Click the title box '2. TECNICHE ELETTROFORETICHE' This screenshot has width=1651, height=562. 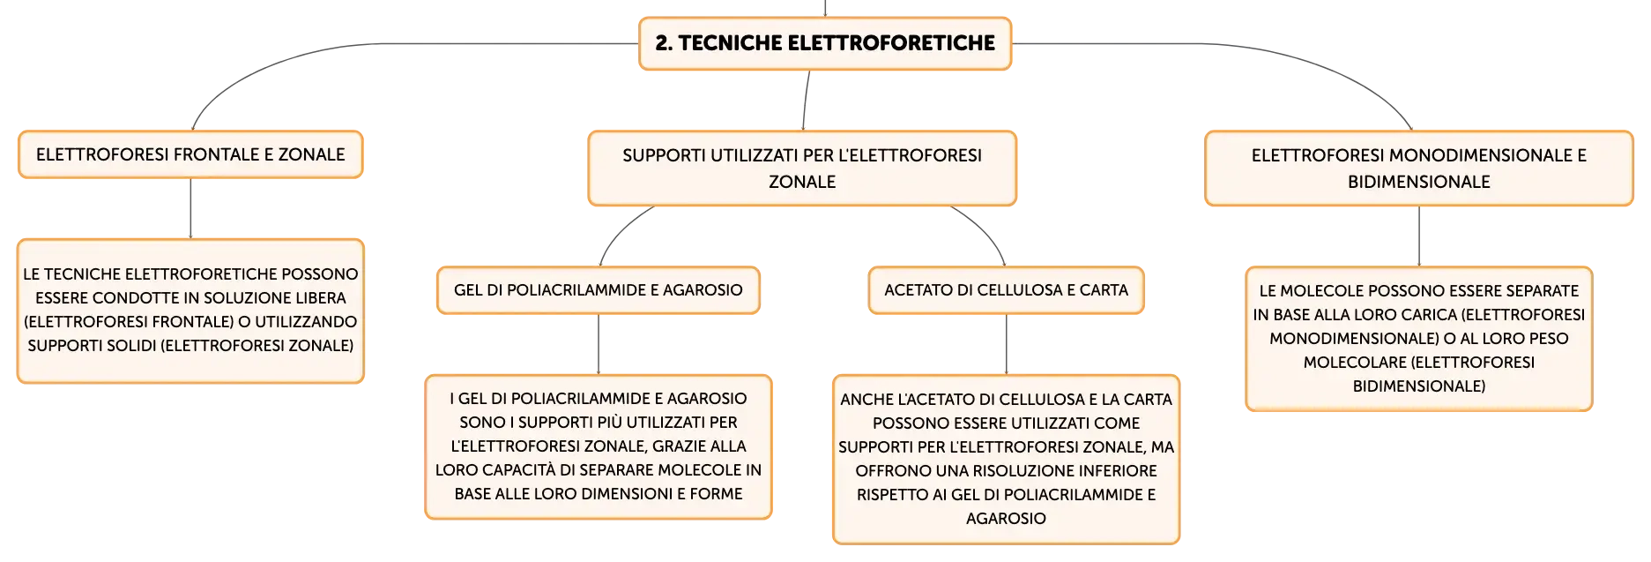pos(825,43)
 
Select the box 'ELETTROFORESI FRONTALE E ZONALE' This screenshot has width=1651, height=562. pos(190,154)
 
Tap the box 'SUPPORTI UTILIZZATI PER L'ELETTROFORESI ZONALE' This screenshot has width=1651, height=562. pos(802,169)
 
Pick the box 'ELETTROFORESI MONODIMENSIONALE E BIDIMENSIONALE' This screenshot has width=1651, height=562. pos(1419,169)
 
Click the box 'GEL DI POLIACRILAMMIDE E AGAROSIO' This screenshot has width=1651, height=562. pos(599,290)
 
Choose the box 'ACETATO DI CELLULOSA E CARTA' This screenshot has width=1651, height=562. pos(1006,290)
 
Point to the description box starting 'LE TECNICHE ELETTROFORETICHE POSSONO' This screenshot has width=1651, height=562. pos(190,311)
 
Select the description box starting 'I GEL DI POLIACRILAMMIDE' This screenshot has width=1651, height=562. pos(599,446)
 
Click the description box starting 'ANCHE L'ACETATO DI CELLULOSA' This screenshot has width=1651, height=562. pos(1006,459)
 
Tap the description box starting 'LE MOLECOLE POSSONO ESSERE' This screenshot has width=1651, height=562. pos(1419,339)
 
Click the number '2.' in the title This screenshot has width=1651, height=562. pos(664,43)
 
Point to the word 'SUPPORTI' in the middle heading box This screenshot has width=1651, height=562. pos(664,155)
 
